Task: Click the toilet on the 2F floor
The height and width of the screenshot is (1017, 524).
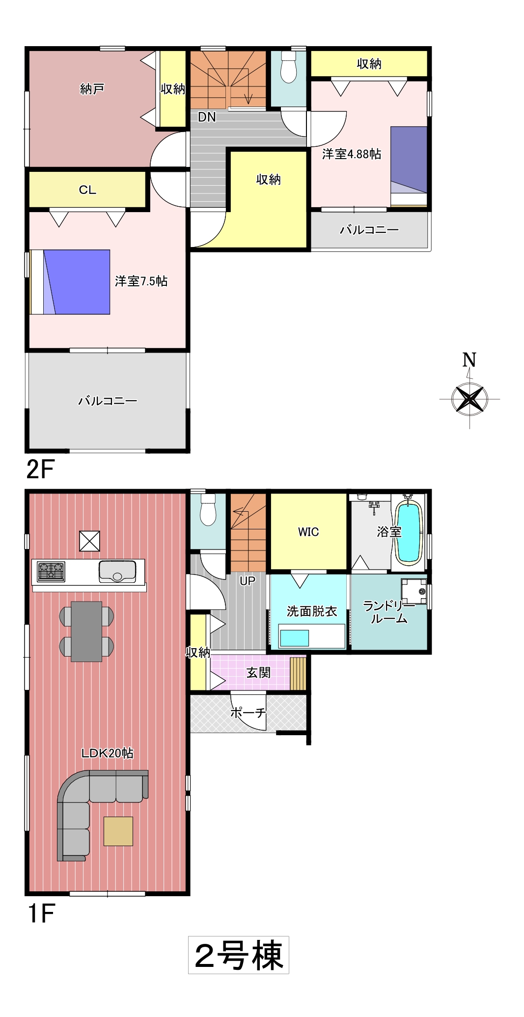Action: (288, 67)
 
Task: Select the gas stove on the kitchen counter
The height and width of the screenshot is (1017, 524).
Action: (51, 572)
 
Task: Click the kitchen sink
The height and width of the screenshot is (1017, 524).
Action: (117, 571)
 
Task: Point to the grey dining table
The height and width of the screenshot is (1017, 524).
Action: (86, 632)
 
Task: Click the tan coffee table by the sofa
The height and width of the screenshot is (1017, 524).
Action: (118, 831)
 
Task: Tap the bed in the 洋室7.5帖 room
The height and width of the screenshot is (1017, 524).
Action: (70, 282)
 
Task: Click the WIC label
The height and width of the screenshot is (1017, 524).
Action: (308, 532)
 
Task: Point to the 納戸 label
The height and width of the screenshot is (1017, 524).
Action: (92, 89)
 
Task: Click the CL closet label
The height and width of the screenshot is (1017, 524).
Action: (87, 190)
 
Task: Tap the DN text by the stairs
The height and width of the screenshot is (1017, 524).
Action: (207, 117)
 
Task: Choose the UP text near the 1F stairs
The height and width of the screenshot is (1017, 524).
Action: (248, 581)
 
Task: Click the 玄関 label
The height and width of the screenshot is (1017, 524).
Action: (258, 672)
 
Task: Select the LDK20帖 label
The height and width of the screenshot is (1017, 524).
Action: (107, 753)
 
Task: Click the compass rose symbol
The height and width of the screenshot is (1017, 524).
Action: (470, 399)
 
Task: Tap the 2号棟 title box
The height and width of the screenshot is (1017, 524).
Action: (239, 955)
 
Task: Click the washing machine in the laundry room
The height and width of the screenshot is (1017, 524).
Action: (414, 591)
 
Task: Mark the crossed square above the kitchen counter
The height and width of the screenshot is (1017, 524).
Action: (90, 541)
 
